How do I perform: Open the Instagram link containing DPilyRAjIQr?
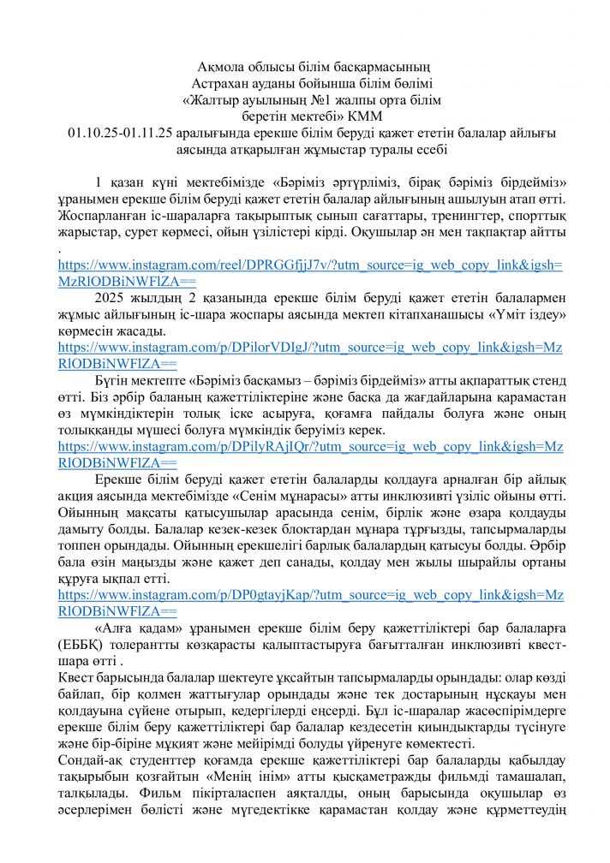click(x=309, y=447)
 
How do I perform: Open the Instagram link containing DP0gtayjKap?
click(x=309, y=595)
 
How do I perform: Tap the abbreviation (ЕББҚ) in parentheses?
click(x=83, y=645)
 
